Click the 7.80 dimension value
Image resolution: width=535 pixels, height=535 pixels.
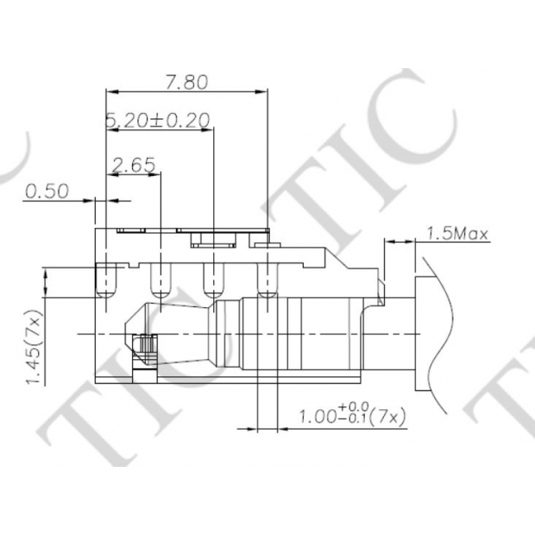(x=186, y=82)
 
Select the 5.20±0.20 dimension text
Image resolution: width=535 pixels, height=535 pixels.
(x=157, y=121)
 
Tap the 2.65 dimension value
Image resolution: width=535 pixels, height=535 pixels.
(x=134, y=165)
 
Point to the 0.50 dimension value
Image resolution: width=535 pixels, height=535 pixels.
(x=47, y=191)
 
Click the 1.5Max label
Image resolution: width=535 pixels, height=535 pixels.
(x=457, y=234)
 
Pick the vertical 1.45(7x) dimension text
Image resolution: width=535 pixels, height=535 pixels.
(x=35, y=347)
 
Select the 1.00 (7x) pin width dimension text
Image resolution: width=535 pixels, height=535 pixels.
(x=352, y=413)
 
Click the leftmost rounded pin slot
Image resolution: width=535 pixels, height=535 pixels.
(x=106, y=280)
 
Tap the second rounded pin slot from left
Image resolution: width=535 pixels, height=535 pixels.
(x=160, y=280)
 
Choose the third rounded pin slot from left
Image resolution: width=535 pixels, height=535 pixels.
(x=214, y=280)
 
